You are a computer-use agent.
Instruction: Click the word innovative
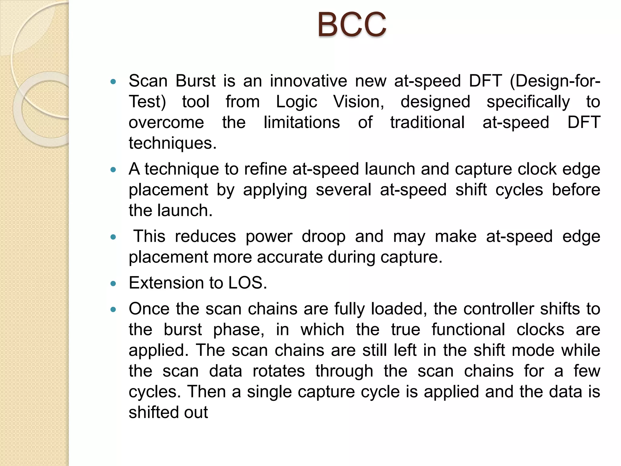(308, 81)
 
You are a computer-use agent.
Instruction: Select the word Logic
(296, 102)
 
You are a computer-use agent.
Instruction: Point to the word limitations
(302, 122)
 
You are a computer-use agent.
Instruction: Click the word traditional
(427, 122)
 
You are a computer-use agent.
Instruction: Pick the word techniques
(172, 143)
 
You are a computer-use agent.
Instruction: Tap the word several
(343, 190)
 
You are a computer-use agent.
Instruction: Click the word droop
(323, 236)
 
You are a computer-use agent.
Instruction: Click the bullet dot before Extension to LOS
(113, 284)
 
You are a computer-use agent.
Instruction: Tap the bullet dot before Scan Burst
(113, 82)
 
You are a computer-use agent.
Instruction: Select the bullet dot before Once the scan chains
(113, 309)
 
